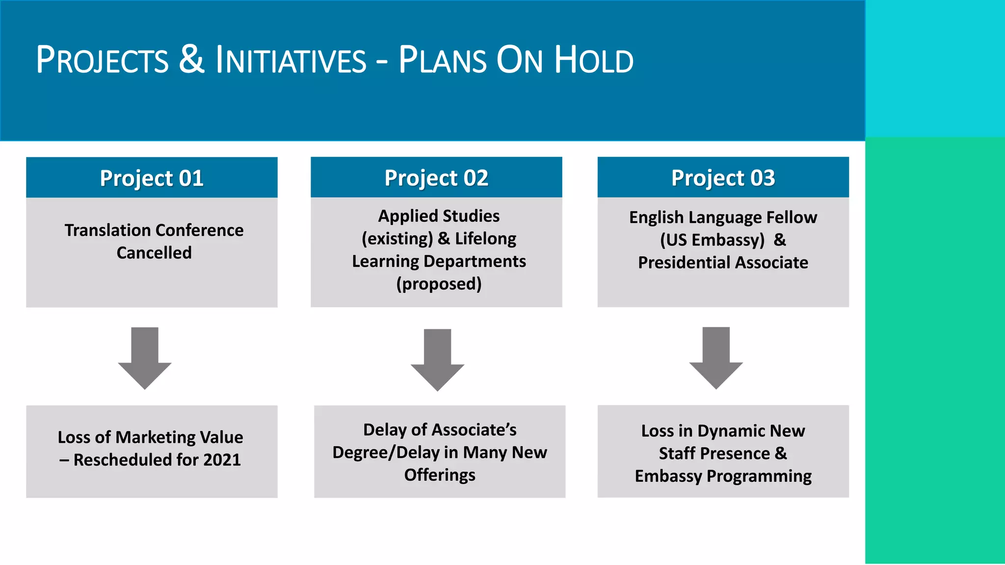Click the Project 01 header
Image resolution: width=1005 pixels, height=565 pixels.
[x=152, y=178]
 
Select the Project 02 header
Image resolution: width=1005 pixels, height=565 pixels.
[x=436, y=178]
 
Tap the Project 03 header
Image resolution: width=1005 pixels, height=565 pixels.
[x=723, y=178]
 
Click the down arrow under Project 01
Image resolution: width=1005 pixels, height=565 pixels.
[x=145, y=358]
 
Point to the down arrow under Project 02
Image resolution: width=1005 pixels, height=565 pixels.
[x=437, y=360]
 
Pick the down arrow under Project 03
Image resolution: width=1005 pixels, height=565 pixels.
[x=716, y=358]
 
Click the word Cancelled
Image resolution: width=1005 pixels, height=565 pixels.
[x=154, y=253]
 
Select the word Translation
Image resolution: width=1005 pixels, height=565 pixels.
[x=108, y=230]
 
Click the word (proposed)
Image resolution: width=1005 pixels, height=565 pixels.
[x=439, y=284]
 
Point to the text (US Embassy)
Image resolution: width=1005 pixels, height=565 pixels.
[x=712, y=240]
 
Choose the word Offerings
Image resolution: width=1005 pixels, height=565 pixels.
[x=440, y=475]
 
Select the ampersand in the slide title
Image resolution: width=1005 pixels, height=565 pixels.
[x=191, y=59]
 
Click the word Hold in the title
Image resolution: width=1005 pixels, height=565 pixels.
[x=594, y=60]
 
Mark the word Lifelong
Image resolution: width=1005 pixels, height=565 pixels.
[x=485, y=238]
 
